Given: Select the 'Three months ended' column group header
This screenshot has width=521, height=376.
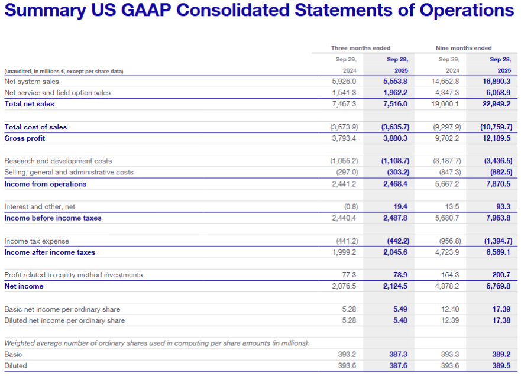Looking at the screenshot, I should pyautogui.click(x=360, y=48).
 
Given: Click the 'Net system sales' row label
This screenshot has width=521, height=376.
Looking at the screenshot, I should pyautogui.click(x=31, y=82).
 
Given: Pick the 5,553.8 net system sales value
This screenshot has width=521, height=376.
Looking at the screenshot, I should pyautogui.click(x=396, y=82).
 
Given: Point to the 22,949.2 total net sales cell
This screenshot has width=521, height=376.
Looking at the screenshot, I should pyautogui.click(x=497, y=104).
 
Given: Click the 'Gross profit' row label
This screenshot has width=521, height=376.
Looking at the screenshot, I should pyautogui.click(x=24, y=138).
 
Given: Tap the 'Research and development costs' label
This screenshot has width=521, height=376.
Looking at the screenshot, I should pyautogui.click(x=57, y=161).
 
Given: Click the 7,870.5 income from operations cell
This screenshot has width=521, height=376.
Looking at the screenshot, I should pyautogui.click(x=498, y=184).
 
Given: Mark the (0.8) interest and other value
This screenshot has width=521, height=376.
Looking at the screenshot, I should pyautogui.click(x=351, y=206).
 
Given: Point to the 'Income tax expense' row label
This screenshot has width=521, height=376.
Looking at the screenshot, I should pyautogui.click(x=36, y=241).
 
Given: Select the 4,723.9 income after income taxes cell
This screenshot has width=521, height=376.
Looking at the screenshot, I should pyautogui.click(x=447, y=252).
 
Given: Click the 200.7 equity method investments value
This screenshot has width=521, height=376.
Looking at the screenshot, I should pyautogui.click(x=501, y=275).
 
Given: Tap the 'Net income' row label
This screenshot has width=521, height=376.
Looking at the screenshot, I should pyautogui.click(x=23, y=286).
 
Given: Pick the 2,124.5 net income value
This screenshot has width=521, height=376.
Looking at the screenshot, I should pyautogui.click(x=396, y=286).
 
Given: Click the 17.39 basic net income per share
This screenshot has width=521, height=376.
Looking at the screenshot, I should pyautogui.click(x=501, y=309).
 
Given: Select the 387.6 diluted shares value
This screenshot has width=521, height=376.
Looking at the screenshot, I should pyautogui.click(x=398, y=365).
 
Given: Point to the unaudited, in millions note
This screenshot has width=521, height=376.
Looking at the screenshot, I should pyautogui.click(x=63, y=71).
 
